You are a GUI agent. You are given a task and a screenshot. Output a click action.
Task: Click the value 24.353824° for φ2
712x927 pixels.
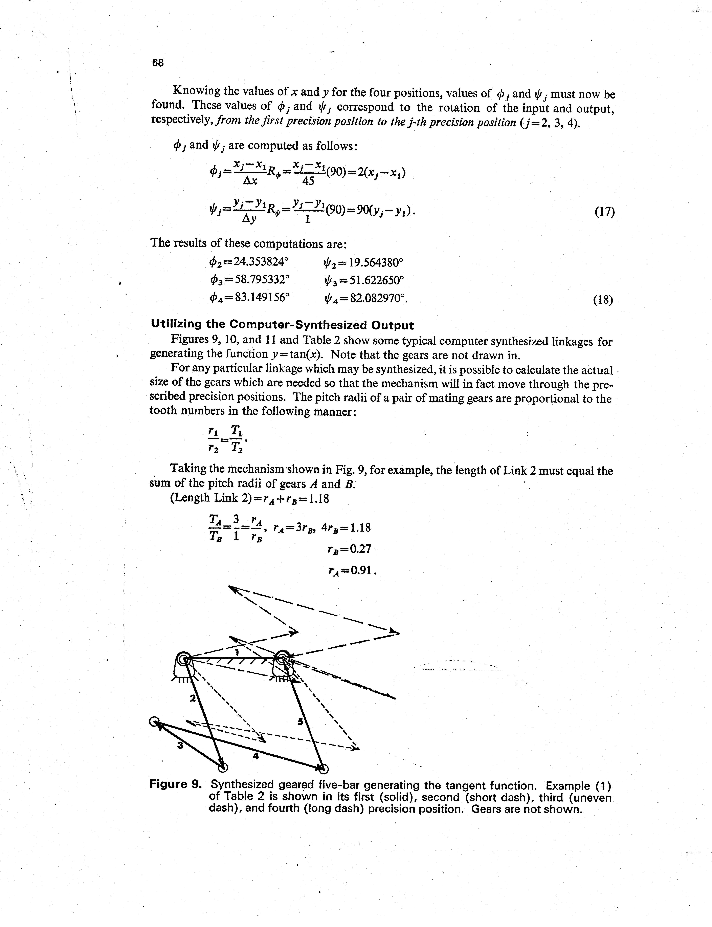click(x=260, y=262)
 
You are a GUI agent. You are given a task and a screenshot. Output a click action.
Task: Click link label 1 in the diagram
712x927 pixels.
click(x=237, y=652)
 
